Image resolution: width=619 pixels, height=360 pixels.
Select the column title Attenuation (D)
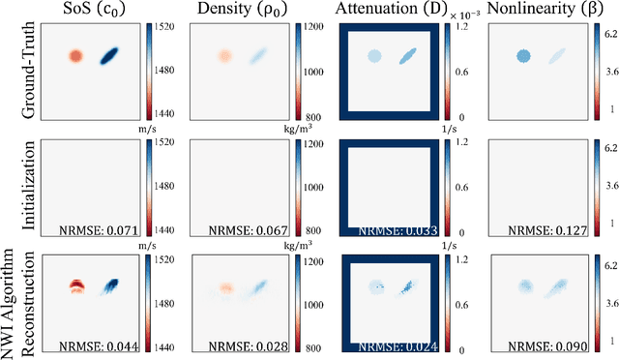point(391,11)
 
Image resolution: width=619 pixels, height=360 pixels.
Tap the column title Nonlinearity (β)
point(542,11)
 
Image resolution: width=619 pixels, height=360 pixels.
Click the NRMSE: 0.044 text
point(99,345)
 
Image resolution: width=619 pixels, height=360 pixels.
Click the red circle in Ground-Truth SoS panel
point(77,56)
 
